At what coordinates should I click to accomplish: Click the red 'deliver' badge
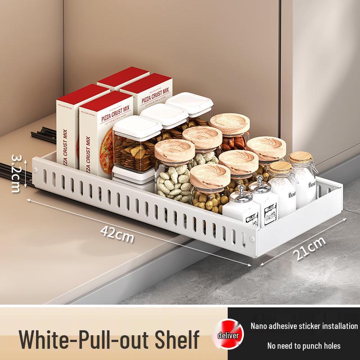230,335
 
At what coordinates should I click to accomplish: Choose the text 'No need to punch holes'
304,346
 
